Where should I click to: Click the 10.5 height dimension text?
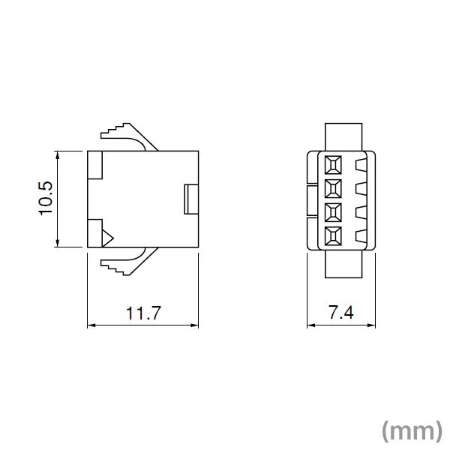pyautogui.click(x=46, y=199)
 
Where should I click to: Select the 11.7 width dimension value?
pyautogui.click(x=143, y=313)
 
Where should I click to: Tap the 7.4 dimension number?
pyautogui.click(x=340, y=313)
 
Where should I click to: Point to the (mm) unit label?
pyautogui.click(x=412, y=430)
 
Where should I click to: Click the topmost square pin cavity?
pyautogui.click(x=333, y=163)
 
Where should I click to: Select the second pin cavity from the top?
pyautogui.click(x=333, y=187)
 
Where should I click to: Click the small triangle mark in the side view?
pyautogui.click(x=106, y=237)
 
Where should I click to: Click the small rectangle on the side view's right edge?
pyautogui.click(x=190, y=199)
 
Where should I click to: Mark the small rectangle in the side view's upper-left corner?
pyautogui.click(x=95, y=165)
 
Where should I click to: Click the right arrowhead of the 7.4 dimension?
pyautogui.click(x=373, y=325)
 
